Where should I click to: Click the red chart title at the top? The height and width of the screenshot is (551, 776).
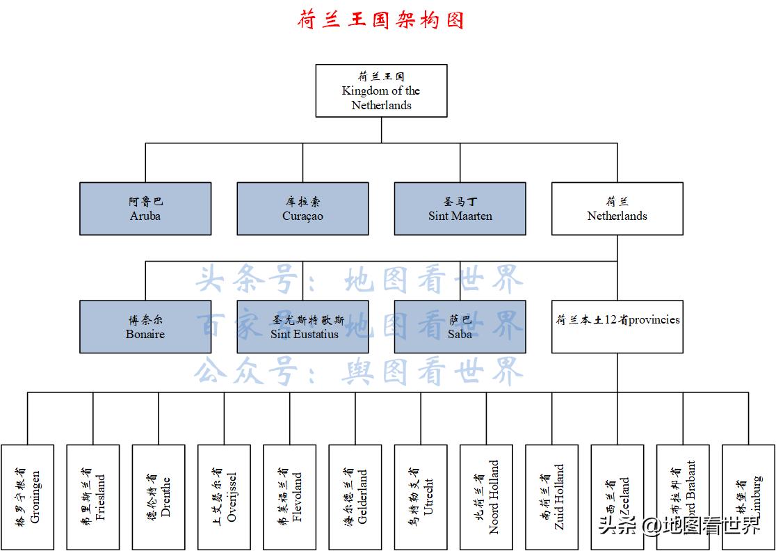click(381, 19)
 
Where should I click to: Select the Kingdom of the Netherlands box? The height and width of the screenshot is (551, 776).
click(381, 90)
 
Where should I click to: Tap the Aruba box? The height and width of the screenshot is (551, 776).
click(145, 209)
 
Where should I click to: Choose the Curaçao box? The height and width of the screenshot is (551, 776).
click(302, 209)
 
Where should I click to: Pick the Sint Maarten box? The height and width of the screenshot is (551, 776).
click(460, 209)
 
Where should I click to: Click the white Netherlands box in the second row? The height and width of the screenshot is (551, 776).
click(617, 209)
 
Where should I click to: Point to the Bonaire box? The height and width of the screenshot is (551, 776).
click(145, 327)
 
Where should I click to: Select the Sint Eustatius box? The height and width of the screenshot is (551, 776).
click(302, 327)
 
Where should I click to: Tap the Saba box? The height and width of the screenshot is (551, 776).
click(460, 327)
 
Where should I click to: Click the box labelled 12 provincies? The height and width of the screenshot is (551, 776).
click(617, 327)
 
